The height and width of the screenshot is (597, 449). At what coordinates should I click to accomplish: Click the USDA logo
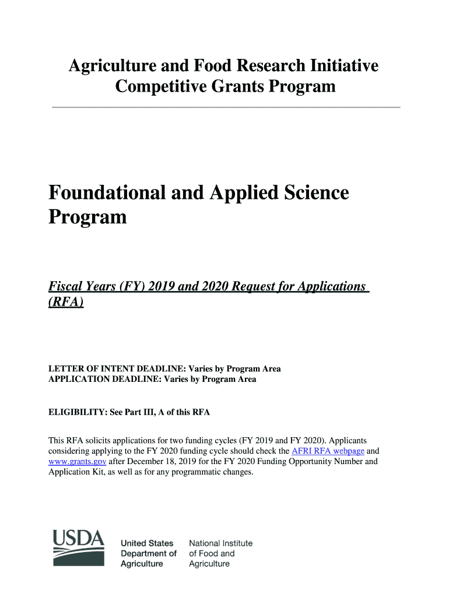79,547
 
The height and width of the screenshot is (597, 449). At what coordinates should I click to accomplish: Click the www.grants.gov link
77,461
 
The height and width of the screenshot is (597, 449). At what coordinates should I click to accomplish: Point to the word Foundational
103,192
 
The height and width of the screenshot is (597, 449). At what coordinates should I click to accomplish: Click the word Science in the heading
315,192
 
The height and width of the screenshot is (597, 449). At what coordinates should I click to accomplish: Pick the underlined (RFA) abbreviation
65,302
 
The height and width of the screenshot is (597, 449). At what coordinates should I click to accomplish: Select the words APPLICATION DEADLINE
104,379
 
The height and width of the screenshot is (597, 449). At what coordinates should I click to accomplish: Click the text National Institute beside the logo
221,543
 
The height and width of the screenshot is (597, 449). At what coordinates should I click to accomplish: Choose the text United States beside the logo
147,543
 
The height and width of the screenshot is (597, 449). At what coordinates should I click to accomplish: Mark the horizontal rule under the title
226,107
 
